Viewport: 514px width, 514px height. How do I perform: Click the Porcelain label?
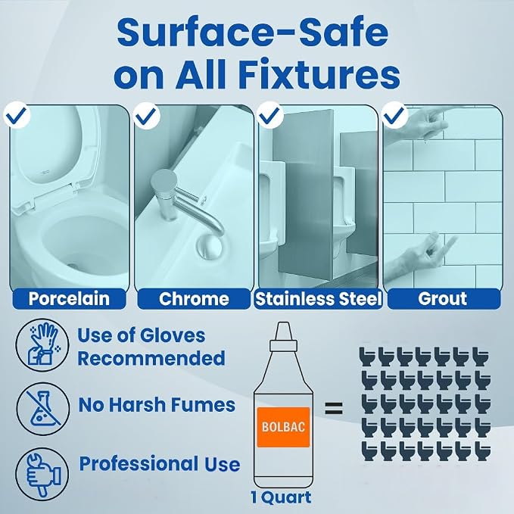[69, 298]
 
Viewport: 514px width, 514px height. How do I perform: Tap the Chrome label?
[194, 298]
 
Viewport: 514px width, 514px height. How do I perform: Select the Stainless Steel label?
[318, 298]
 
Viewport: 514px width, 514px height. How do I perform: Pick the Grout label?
[444, 298]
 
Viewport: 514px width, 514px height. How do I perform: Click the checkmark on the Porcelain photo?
[17, 115]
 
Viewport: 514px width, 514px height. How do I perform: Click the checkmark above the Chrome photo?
[147, 115]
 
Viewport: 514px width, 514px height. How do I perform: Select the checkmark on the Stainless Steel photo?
[271, 115]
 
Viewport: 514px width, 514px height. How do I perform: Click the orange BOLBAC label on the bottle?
[284, 427]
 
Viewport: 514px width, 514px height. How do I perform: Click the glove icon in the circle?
[42, 345]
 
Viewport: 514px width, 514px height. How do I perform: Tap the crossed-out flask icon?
[42, 409]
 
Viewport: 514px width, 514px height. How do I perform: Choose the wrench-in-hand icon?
[42, 474]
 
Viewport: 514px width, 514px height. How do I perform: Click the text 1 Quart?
[281, 498]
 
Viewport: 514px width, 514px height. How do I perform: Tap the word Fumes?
[204, 405]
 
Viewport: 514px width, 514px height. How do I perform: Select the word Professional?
[138, 465]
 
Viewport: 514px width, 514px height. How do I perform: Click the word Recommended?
[151, 358]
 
